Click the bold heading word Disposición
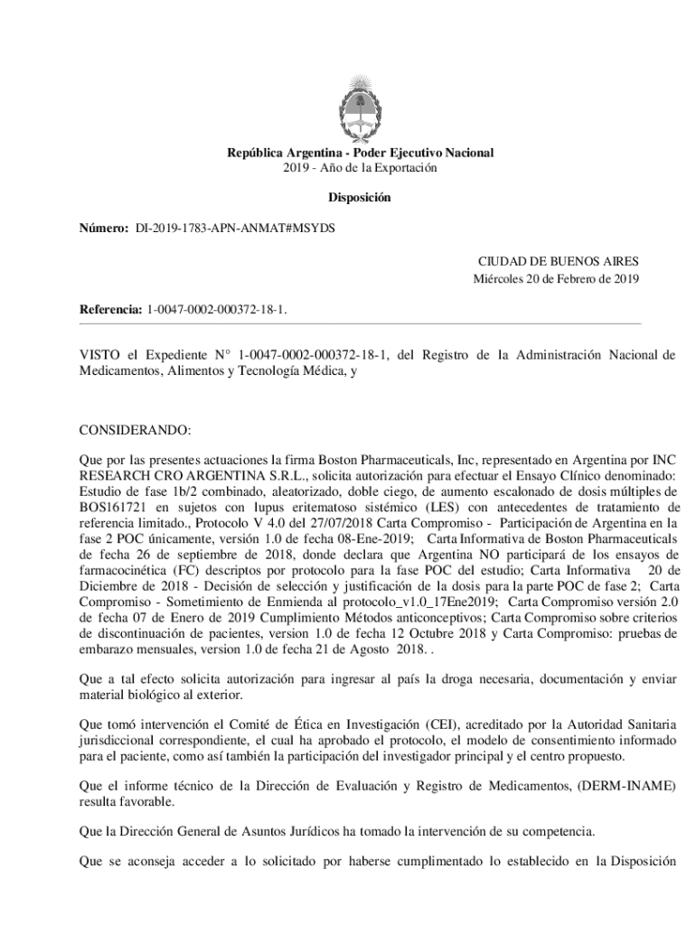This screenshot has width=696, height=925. click(x=360, y=197)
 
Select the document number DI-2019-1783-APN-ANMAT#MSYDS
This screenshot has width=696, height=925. click(x=235, y=229)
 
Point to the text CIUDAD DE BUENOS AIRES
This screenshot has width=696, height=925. click(x=558, y=261)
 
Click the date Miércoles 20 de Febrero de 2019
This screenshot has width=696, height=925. click(x=556, y=278)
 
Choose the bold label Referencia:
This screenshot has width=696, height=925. click(x=110, y=310)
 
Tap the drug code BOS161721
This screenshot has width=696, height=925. click(x=113, y=507)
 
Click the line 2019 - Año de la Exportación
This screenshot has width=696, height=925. click(x=360, y=168)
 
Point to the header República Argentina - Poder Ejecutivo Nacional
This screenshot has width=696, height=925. click(x=360, y=153)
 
